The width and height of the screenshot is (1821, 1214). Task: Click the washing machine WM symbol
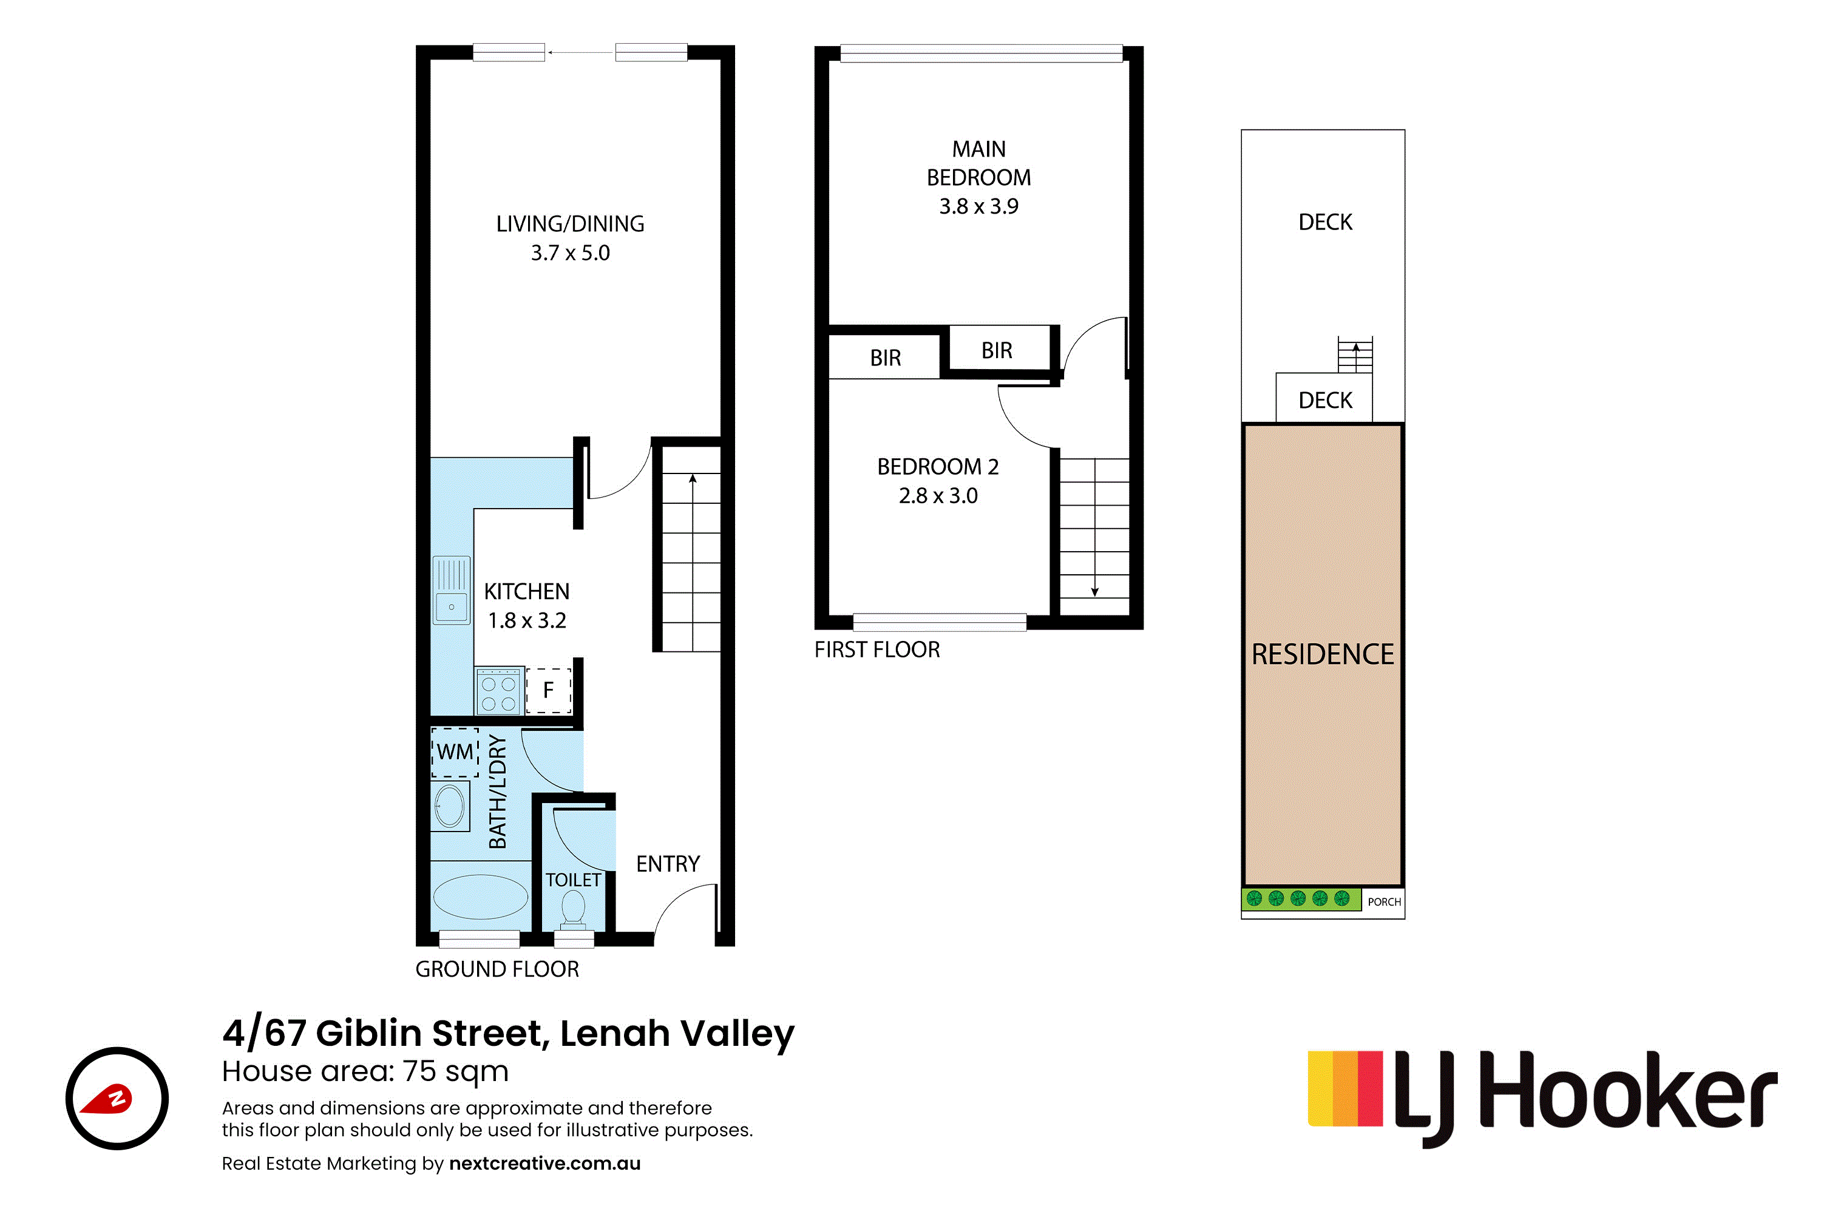coord(455,752)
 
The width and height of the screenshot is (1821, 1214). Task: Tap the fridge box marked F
coord(548,690)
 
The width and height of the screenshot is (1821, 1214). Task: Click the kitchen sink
coord(452,590)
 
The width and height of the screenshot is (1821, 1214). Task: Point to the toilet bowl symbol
coord(573,908)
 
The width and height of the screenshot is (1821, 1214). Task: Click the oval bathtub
coord(480,897)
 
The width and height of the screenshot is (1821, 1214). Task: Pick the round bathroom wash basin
coord(450,806)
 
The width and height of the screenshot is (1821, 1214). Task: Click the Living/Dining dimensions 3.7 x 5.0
coord(570,253)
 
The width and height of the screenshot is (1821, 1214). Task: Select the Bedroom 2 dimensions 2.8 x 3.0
coord(938,495)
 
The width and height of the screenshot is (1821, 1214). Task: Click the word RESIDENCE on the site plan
coord(1323,654)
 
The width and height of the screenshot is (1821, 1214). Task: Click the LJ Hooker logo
coord(1542,1098)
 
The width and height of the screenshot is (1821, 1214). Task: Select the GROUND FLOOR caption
coord(497,969)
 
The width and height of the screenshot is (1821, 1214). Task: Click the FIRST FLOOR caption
coord(877,649)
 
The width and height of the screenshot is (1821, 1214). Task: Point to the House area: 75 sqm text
coord(365,1071)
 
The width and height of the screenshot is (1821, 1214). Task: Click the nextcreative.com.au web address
coord(544,1164)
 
